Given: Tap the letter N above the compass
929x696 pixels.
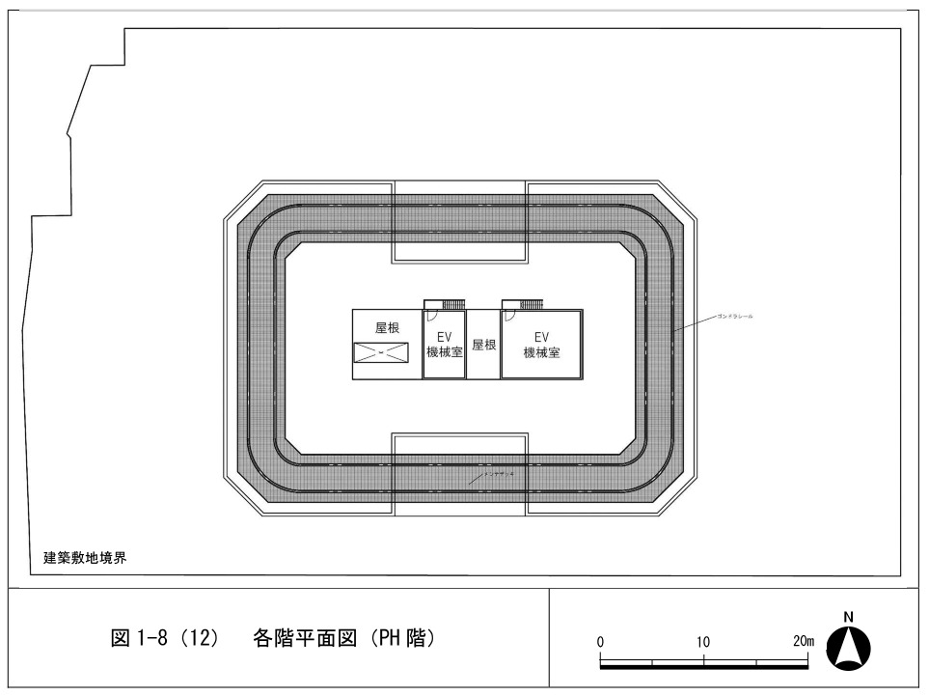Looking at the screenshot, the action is pyautogui.click(x=849, y=618).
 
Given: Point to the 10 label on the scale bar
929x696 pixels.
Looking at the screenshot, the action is pyautogui.click(x=702, y=642).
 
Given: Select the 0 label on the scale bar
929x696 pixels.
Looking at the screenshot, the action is pyautogui.click(x=600, y=642).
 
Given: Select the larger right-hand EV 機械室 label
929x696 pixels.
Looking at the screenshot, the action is pyautogui.click(x=541, y=346).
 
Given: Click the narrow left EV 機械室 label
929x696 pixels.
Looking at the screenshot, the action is pyautogui.click(x=444, y=346).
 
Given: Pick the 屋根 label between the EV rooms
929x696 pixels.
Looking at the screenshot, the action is pyautogui.click(x=483, y=345).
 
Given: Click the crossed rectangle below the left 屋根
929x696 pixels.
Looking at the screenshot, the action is pyautogui.click(x=380, y=352).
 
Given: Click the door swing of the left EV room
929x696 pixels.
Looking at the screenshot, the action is pyautogui.click(x=433, y=315).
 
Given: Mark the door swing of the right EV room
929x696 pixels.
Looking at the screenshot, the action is pyautogui.click(x=510, y=315).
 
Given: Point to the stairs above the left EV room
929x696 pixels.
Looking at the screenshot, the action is pyautogui.click(x=452, y=304).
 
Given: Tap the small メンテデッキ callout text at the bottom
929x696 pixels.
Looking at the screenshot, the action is pyautogui.click(x=504, y=467).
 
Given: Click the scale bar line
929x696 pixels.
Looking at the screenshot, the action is pyautogui.click(x=703, y=663).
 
